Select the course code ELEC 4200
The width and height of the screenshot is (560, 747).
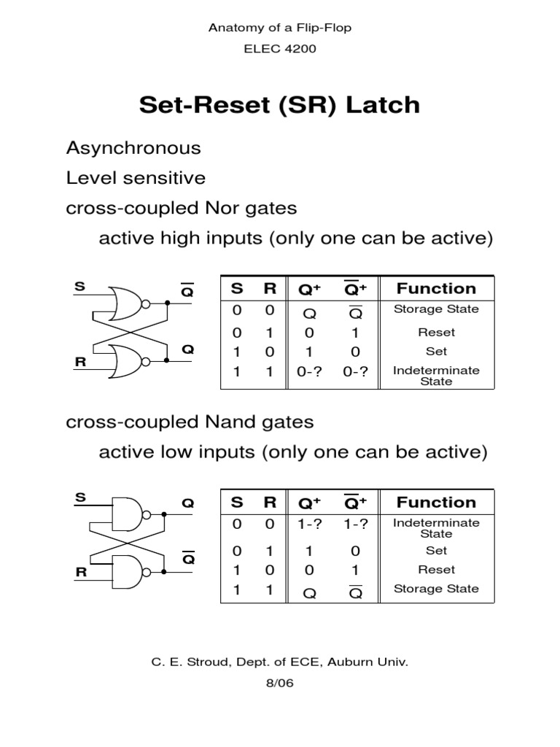(x=279, y=49)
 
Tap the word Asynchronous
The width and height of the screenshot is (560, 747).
(x=133, y=148)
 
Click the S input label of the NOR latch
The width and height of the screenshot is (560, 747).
(x=79, y=287)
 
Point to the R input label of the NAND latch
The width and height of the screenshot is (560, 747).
(x=79, y=573)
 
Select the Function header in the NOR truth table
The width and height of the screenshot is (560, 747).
(x=436, y=288)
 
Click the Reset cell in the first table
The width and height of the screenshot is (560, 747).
(x=436, y=332)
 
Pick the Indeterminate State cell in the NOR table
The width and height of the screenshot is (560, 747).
(x=436, y=376)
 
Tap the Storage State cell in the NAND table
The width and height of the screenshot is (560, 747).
(x=436, y=589)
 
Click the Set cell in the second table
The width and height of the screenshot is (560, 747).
(x=436, y=551)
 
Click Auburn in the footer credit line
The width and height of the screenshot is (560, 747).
(x=352, y=662)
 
